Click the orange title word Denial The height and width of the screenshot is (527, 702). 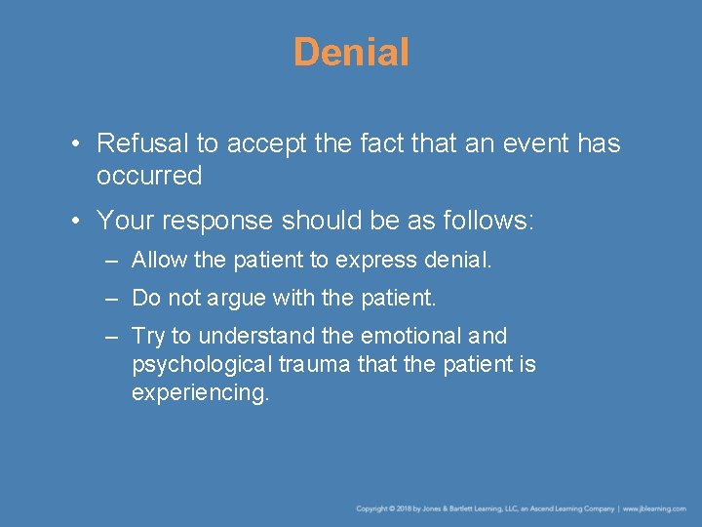tap(351, 53)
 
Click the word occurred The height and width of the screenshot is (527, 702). tap(149, 177)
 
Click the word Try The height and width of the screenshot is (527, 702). tap(148, 337)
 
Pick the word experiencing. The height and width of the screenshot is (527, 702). tap(200, 393)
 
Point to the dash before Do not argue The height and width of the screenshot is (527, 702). tap(113, 298)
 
